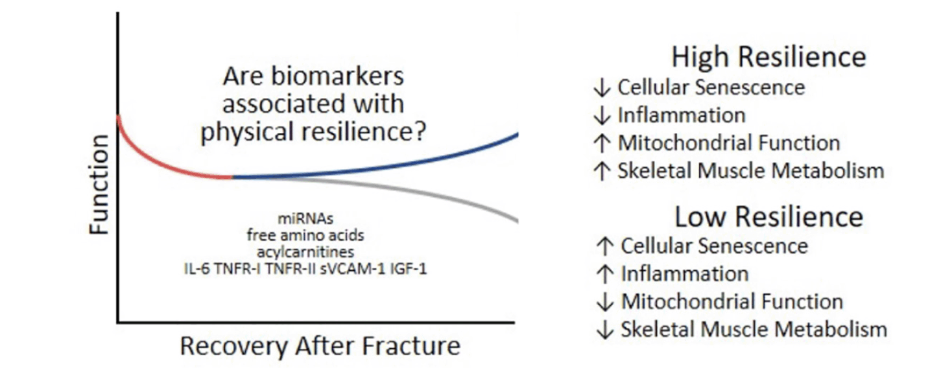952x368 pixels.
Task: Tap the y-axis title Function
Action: point(99,184)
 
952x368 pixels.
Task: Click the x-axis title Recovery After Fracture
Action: point(320,346)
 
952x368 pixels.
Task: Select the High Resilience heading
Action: point(768,56)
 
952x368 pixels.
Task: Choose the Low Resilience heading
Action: point(769,216)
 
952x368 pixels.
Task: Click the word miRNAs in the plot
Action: point(305,218)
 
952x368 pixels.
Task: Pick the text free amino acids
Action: point(305,235)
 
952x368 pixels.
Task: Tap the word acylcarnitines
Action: point(305,252)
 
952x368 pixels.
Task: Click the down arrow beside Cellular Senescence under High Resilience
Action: point(602,87)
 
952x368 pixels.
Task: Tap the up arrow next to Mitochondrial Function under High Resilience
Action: point(602,143)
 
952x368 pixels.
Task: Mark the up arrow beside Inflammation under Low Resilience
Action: point(605,274)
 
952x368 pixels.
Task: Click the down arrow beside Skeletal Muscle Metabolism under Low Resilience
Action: point(605,329)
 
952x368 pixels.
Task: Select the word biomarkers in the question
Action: point(337,76)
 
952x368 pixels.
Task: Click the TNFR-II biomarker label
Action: point(291,269)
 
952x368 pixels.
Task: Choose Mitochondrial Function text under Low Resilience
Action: point(732,301)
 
